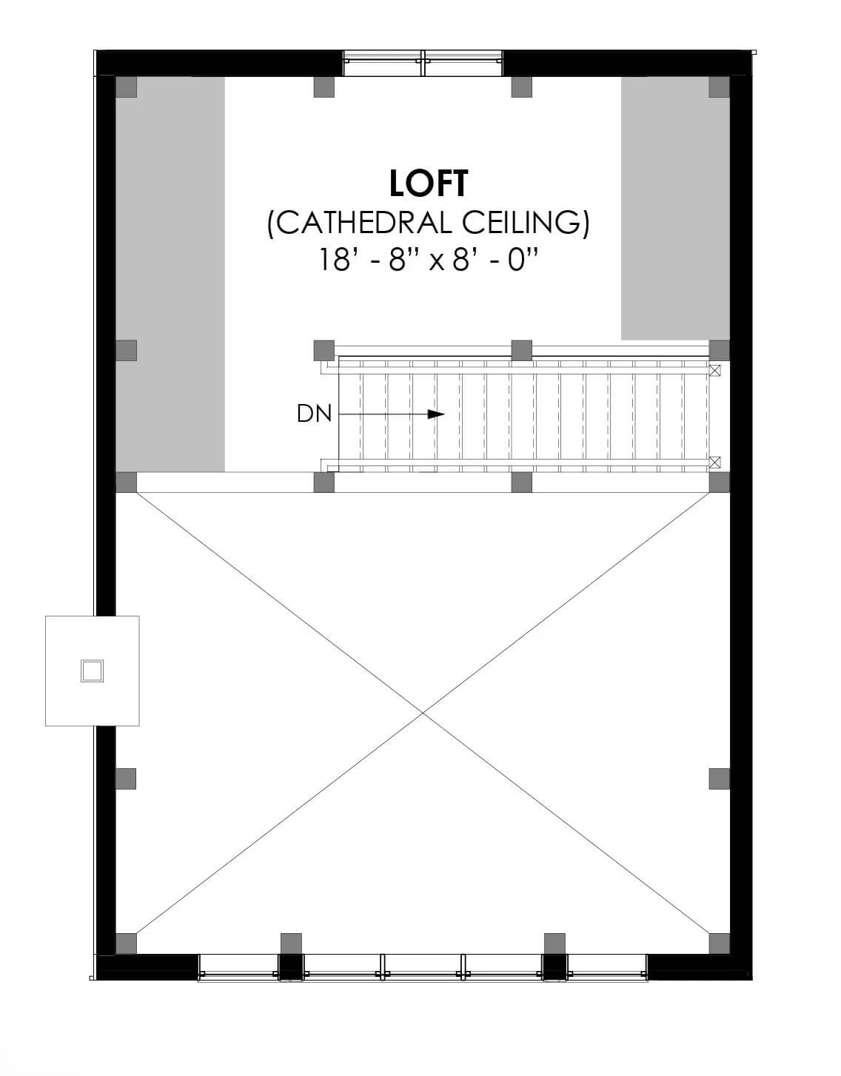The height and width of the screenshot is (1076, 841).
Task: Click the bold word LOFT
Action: coord(428,184)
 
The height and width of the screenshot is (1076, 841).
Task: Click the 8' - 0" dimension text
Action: coord(495,260)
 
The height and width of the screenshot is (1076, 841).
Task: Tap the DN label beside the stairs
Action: coord(314,414)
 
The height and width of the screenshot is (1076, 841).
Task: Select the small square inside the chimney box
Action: coord(92,671)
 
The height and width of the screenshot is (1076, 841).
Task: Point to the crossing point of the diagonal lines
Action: coord(423,713)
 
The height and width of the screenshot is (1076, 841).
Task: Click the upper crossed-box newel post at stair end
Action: coord(714,371)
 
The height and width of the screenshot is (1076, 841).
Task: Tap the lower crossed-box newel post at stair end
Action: coord(714,463)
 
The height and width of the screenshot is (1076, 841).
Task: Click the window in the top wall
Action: coord(423,63)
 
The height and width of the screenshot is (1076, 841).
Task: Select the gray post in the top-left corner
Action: coord(126,87)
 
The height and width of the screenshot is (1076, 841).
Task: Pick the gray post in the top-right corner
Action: coord(719,87)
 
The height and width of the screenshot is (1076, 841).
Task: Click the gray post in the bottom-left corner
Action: coord(126,944)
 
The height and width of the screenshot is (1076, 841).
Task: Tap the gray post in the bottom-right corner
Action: coord(719,944)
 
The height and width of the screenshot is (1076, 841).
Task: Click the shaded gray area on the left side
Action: coord(170,275)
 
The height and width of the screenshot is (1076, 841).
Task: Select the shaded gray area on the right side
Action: coord(676,209)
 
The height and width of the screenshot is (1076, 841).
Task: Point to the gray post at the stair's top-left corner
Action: coord(324,351)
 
